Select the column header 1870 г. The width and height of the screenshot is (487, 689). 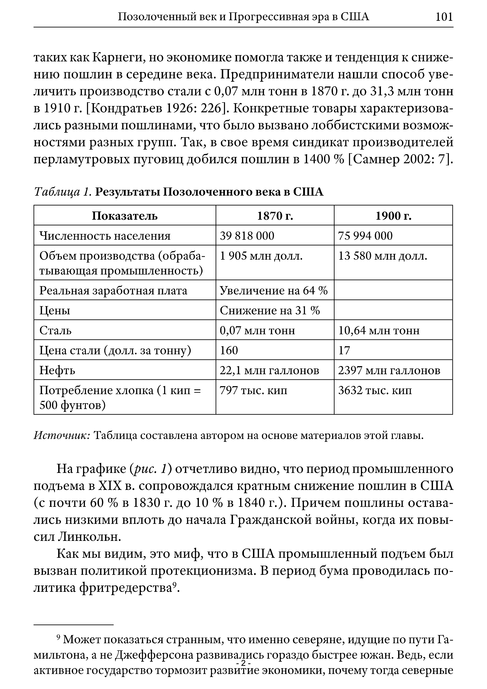coord(275,216)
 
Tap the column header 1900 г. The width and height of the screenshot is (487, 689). coord(393,216)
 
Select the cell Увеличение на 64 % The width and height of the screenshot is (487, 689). coord(274,290)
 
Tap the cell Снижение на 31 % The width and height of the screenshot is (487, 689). coord(270,311)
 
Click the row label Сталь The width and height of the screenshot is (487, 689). coord(55,330)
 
